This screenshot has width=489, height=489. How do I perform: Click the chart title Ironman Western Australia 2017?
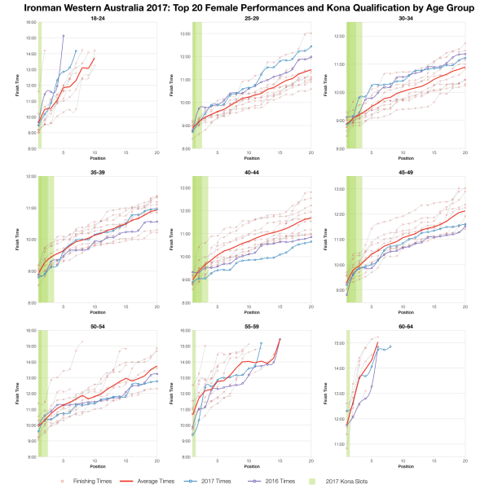[244, 7]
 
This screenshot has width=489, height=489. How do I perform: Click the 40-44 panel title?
[252, 171]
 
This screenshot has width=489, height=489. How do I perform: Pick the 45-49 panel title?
[405, 171]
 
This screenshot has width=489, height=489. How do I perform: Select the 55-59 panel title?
[252, 325]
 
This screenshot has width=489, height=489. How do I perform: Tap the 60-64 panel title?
[405, 325]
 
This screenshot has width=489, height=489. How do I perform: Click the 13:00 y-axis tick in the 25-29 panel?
[185, 34]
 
